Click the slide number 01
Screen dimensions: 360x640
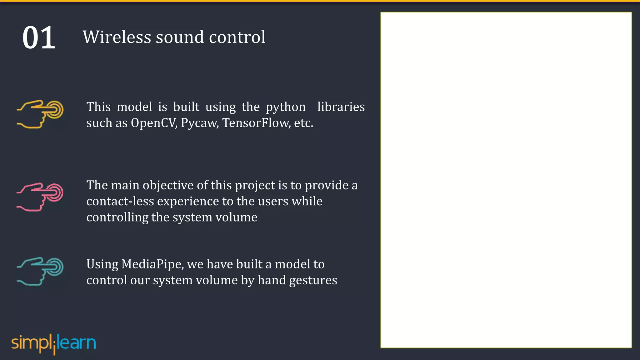[x=39, y=38]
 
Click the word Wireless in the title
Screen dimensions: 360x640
[x=117, y=37]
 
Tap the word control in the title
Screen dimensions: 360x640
[x=237, y=37]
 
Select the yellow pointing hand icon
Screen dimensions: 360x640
[x=40, y=114]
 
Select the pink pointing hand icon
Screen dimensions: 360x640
[x=40, y=197]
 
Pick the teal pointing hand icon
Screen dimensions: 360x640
[x=40, y=271]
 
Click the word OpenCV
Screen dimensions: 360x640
[x=154, y=123]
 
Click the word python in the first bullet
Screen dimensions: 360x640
[x=286, y=107]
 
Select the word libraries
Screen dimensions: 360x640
[x=341, y=107]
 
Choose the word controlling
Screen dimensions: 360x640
[x=117, y=217]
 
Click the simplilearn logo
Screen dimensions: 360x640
[x=53, y=343]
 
